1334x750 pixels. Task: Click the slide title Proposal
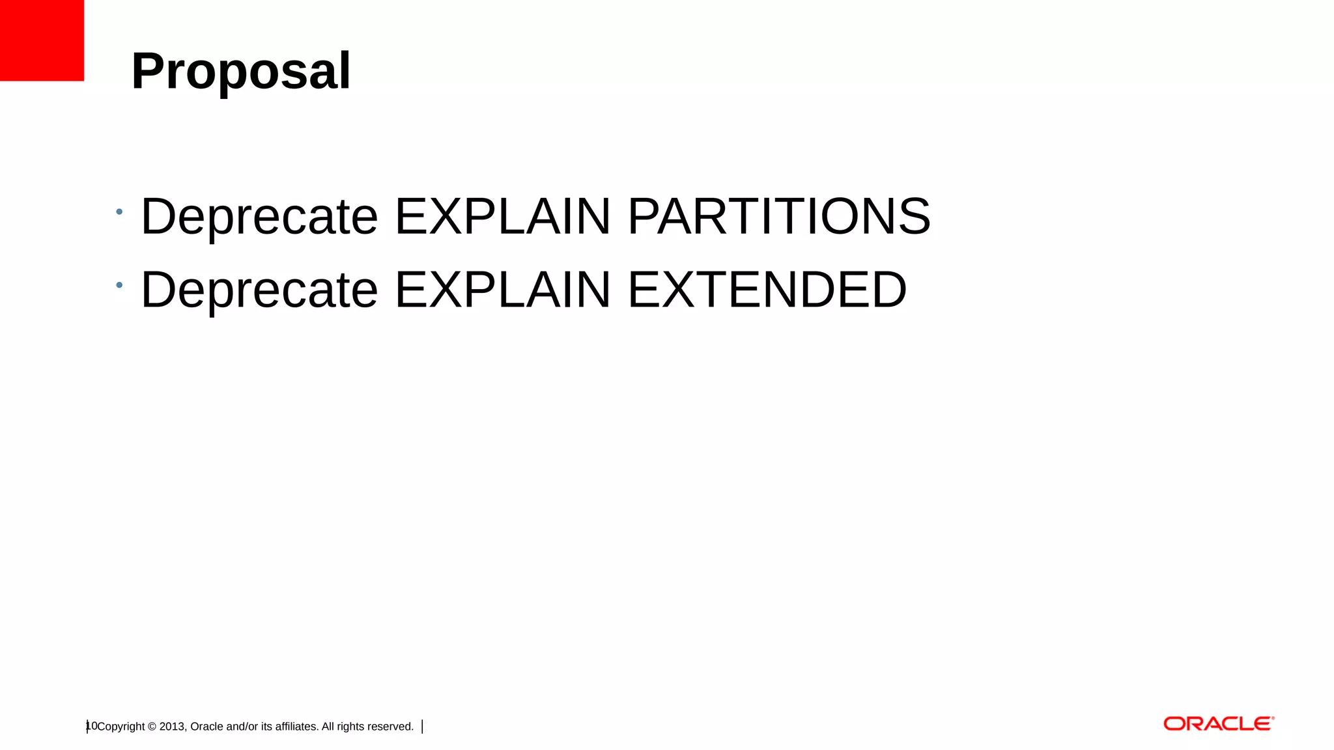(241, 71)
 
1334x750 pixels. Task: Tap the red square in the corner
(42, 40)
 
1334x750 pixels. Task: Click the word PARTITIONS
(778, 216)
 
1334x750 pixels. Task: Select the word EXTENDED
(767, 289)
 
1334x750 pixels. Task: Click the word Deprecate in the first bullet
(259, 216)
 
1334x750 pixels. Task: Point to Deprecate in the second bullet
(259, 289)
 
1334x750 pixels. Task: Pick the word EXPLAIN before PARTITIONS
(502, 216)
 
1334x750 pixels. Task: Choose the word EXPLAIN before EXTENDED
(502, 289)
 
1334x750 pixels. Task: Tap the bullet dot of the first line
(119, 212)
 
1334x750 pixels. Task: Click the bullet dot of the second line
(119, 285)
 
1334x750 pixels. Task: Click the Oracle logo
(1218, 724)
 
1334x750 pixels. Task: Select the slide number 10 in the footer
(91, 726)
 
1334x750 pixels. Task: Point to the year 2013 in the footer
(173, 727)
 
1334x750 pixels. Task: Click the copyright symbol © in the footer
(152, 727)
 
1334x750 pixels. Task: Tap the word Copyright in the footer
(121, 727)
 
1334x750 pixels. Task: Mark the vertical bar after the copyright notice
(423, 727)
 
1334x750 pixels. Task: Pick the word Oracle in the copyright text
(206, 727)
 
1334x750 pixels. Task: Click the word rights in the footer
(351, 727)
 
